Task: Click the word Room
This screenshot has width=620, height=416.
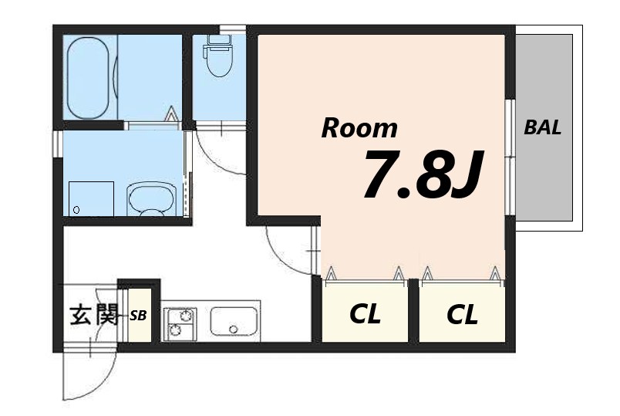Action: [x=359, y=128]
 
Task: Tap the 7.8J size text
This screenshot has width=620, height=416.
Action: [x=423, y=174]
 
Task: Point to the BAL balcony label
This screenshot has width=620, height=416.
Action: [x=543, y=127]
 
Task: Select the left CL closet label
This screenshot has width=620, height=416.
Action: [x=365, y=313]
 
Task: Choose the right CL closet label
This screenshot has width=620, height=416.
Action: [x=462, y=314]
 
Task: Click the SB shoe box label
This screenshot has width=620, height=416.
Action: [x=138, y=316]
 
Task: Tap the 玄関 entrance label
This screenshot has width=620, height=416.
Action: [x=94, y=315]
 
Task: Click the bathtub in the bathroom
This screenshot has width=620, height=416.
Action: [x=88, y=78]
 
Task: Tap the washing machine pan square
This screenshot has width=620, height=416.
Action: [x=91, y=198]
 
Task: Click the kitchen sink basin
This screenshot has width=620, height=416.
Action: [x=234, y=321]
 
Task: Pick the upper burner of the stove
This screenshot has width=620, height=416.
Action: [x=184, y=316]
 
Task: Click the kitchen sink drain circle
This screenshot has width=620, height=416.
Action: [x=234, y=330]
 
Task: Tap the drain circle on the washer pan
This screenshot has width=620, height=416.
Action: [x=76, y=210]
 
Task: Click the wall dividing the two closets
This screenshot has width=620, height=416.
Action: [x=413, y=310]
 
